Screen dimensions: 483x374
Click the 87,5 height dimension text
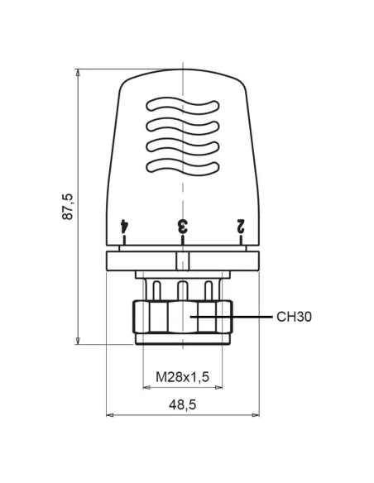tap(69, 206)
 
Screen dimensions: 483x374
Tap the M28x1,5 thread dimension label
tap(183, 377)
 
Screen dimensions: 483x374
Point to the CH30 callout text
tap(295, 317)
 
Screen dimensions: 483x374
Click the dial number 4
tap(124, 225)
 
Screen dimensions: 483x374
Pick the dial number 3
tap(183, 225)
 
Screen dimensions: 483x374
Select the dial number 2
tap(242, 225)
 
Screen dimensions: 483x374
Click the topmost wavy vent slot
tap(183, 107)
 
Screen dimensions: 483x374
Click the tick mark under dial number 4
tap(124, 241)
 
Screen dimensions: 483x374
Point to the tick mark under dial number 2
tap(242, 241)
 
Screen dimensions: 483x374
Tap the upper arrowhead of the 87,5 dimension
tap(79, 74)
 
